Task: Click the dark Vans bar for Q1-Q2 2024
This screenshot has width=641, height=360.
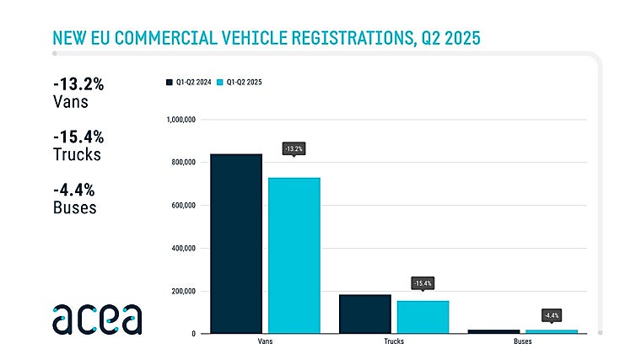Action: tap(235, 244)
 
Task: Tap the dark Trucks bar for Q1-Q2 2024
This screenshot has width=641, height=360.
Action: tap(364, 314)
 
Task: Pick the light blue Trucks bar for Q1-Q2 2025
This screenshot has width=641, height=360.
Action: tap(423, 317)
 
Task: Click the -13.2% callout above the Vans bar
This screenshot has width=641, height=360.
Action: tap(294, 149)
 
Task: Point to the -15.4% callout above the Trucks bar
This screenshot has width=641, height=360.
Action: tap(423, 283)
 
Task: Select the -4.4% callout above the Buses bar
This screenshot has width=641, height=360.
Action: tap(552, 315)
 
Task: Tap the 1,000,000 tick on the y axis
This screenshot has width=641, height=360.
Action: tap(178, 120)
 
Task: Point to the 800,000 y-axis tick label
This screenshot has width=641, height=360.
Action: tap(180, 163)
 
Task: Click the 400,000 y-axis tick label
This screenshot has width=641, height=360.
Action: tap(180, 249)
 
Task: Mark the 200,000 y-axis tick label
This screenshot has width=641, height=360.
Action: tap(180, 292)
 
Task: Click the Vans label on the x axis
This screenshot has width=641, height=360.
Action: tap(265, 343)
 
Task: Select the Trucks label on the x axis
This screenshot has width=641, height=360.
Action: tap(394, 343)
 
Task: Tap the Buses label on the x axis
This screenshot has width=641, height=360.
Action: tap(523, 343)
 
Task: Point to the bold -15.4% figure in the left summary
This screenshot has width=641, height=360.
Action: tap(77, 137)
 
